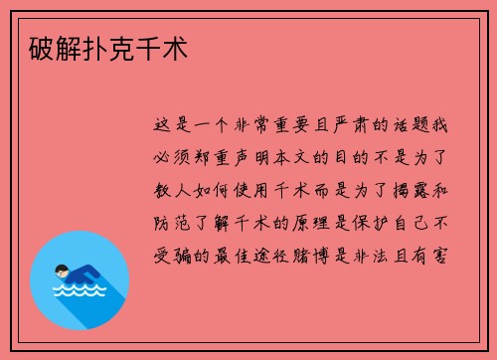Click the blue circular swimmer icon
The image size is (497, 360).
click(x=80, y=279)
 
